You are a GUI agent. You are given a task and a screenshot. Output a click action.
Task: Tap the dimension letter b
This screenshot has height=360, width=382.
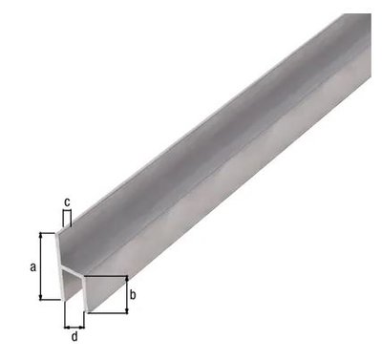pyautogui.click(x=133, y=295)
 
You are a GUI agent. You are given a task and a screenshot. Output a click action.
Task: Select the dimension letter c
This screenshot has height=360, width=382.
pyautogui.click(x=66, y=201)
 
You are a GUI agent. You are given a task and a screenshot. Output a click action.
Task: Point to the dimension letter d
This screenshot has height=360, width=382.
pyautogui.click(x=75, y=336)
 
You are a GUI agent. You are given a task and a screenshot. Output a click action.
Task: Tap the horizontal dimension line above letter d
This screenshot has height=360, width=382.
pyautogui.click(x=75, y=324)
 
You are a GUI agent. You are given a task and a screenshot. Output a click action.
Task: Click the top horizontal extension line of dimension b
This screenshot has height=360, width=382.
pyautogui.click(x=107, y=277)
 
